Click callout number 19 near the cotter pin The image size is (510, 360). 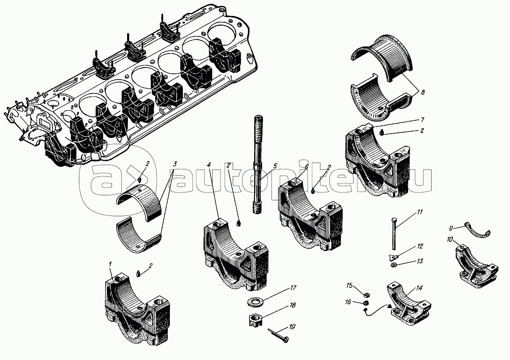[x=292, y=327]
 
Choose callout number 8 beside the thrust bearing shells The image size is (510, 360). [x=423, y=92]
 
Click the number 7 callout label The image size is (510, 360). [x=423, y=120]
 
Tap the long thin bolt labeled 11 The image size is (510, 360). [x=394, y=234]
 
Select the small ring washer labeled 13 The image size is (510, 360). [x=394, y=265]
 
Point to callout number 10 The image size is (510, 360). [x=450, y=240]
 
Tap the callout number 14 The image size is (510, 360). [x=419, y=288]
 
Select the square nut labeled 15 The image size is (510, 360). [x=366, y=295]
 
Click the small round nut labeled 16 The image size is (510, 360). [x=366, y=303]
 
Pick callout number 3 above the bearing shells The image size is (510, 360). [x=175, y=164]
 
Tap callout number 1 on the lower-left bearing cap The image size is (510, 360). [x=110, y=264]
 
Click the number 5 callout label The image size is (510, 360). [x=275, y=166]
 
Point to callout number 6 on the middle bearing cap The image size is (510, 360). [x=307, y=167]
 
